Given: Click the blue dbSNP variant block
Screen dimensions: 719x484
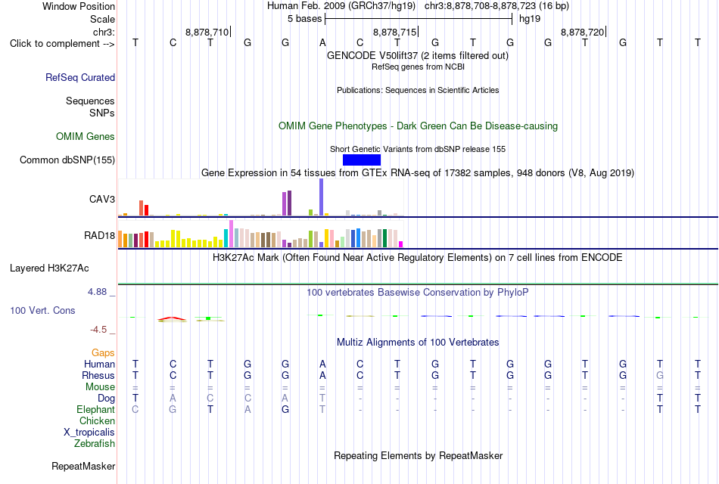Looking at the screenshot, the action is coord(361,160).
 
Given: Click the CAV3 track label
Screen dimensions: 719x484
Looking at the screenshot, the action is coord(102,199).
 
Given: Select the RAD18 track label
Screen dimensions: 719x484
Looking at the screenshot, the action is coord(99,236).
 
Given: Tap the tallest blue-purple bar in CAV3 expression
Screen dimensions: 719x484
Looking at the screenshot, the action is coord(322,197).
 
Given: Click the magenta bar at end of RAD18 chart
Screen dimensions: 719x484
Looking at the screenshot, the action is coord(401,244).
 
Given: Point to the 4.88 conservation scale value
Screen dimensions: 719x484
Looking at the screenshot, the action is coord(97,292).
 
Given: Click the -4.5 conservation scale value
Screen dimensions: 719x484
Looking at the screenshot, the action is coord(98,330).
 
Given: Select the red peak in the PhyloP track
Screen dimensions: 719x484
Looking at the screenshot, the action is coord(172,318).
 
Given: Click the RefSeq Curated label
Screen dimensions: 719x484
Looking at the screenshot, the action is coord(80,77).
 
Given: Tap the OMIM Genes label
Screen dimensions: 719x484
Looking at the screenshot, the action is coord(86,137).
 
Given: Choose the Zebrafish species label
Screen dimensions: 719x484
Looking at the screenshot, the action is coord(95,444).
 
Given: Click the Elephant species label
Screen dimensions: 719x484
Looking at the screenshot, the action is coord(95,409).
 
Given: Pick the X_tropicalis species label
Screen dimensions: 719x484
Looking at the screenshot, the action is coord(89,433).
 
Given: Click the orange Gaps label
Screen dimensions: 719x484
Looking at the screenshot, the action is coord(103,352).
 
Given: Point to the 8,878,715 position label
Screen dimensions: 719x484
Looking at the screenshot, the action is coord(395,32).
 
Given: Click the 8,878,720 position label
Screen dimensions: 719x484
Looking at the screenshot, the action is coord(582,32).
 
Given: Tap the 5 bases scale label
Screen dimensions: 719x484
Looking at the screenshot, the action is coord(304,19).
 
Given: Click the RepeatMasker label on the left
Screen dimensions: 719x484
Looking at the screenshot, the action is coord(83,466).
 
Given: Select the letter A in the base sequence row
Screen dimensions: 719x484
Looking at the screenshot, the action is coord(322,43).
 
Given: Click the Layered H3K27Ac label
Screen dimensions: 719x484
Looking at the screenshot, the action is coord(49,268).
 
